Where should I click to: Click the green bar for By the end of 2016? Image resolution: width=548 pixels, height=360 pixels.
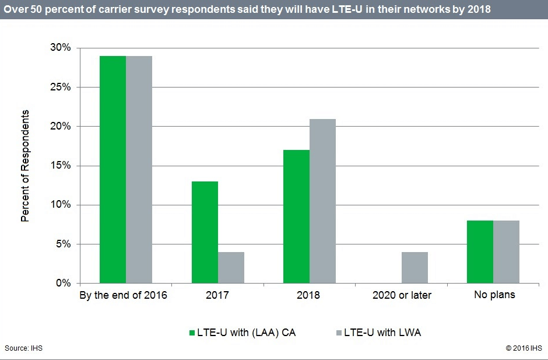[x=113, y=169]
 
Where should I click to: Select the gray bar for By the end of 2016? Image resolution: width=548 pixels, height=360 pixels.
[x=139, y=169]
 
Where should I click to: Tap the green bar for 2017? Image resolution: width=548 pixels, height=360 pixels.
[x=205, y=232]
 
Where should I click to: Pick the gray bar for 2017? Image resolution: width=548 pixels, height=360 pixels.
[x=231, y=267]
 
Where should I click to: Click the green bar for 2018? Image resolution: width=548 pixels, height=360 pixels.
[x=297, y=216]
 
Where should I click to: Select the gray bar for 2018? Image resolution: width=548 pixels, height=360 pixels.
[x=322, y=201]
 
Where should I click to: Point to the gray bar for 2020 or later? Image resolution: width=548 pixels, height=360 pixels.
[x=414, y=267]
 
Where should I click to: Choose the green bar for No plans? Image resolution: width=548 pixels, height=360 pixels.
[x=480, y=251]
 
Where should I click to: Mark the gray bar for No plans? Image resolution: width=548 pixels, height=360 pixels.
[x=506, y=251]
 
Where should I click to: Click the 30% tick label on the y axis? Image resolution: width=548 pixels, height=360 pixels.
[x=59, y=48]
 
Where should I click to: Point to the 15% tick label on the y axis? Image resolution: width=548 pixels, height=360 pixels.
[x=59, y=166]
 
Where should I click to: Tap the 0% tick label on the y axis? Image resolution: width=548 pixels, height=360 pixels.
[x=62, y=284]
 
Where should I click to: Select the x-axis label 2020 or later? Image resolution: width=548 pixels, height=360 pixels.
[x=402, y=295]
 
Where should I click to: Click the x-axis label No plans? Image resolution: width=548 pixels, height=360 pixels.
[x=494, y=295]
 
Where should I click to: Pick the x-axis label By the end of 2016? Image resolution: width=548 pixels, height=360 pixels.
[x=123, y=295]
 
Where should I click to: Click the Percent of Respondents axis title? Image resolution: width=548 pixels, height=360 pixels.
[x=25, y=165]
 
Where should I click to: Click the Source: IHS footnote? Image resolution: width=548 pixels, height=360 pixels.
[x=23, y=348]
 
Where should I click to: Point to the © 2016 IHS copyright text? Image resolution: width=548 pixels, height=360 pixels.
[x=524, y=348]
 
